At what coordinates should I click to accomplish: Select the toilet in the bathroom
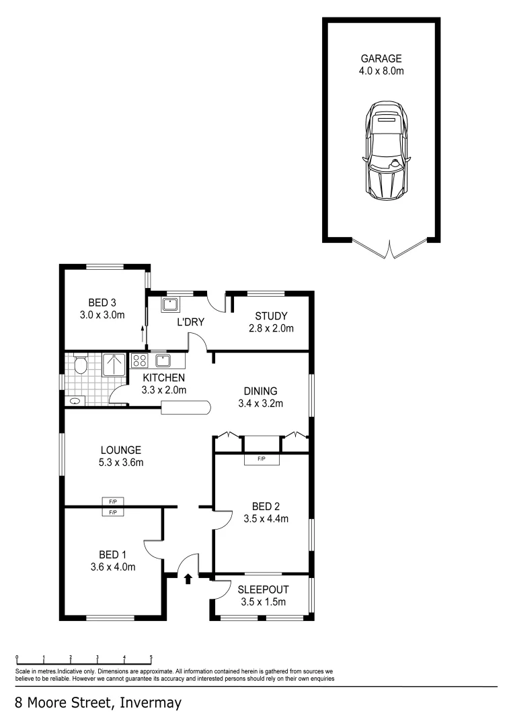pos(80,365)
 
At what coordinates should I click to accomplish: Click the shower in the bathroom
pos(114,365)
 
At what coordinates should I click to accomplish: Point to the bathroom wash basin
pos(75,401)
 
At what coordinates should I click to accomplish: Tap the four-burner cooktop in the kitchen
pos(139,360)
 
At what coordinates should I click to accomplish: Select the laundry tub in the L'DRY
pos(169,304)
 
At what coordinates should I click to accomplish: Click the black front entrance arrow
pos(188,577)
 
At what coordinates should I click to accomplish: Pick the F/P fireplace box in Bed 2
pos(262,459)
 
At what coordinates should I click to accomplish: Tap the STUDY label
pos(271,316)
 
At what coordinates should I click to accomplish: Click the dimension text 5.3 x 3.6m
pos(121,462)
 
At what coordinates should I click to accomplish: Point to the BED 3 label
pos(102,302)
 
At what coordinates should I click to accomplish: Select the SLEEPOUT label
pos(263,589)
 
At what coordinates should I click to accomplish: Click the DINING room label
pos(260,391)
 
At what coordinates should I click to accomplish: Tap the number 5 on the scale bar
pos(151,657)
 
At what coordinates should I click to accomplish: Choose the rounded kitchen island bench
pos(186,406)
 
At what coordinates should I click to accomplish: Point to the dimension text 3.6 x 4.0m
pos(113,567)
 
